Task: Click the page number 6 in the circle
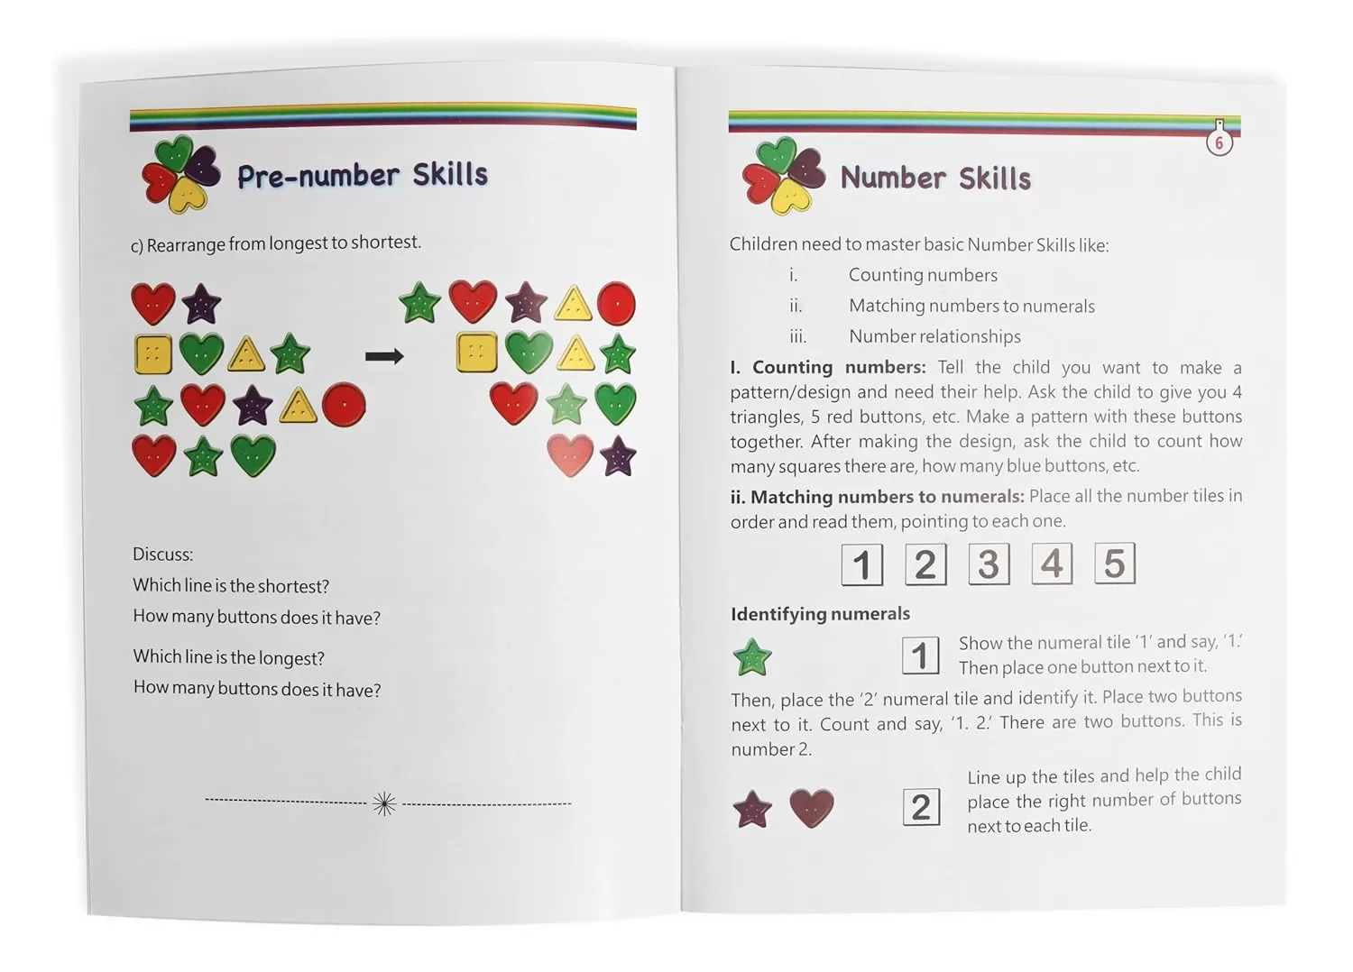(x=1219, y=143)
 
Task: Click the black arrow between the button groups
(x=384, y=356)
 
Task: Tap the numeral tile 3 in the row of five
(x=989, y=564)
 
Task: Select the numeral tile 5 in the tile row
(x=1115, y=564)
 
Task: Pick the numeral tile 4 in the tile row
(x=1053, y=564)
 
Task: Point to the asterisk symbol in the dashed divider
(x=385, y=803)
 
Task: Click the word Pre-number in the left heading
(x=318, y=177)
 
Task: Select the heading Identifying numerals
(x=820, y=613)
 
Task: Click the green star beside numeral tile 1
(x=752, y=656)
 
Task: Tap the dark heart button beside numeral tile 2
(x=812, y=808)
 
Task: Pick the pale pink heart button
(x=569, y=456)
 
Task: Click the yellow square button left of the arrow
(x=152, y=354)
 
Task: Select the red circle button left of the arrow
(x=344, y=405)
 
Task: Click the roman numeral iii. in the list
(x=798, y=336)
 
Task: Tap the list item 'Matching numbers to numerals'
(x=971, y=306)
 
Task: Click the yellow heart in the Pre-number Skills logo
(x=188, y=197)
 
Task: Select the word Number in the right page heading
(x=893, y=179)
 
